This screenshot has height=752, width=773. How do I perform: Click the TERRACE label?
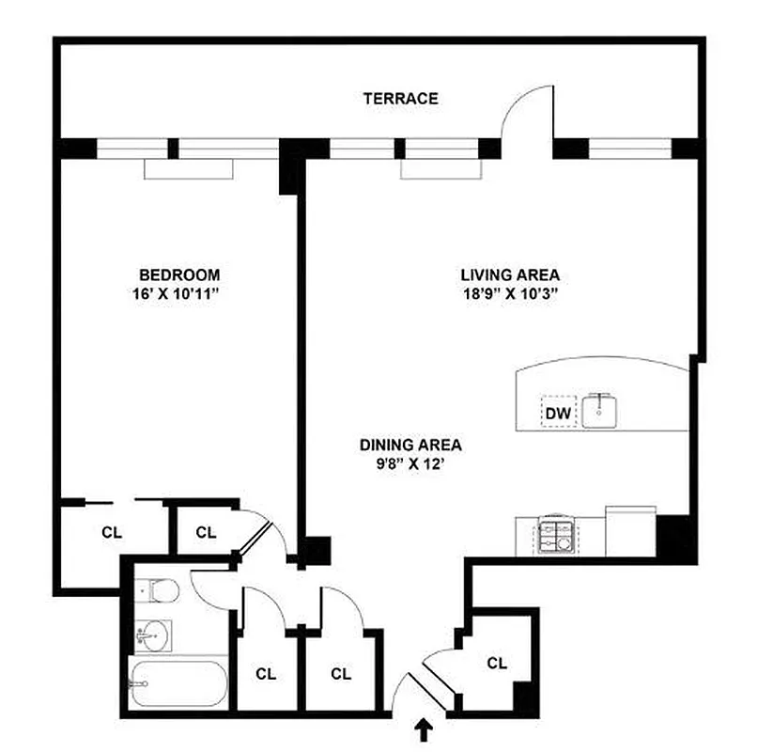click(401, 98)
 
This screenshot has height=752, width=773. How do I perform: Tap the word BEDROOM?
click(179, 274)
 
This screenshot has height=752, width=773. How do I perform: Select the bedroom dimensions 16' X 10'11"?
click(179, 292)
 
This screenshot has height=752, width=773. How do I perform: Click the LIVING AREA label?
click(510, 274)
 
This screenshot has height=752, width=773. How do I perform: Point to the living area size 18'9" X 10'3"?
click(510, 292)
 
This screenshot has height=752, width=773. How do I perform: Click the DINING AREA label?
click(411, 446)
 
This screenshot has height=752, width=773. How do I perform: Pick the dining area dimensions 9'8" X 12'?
click(411, 463)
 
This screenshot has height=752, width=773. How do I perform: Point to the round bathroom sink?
click(149, 636)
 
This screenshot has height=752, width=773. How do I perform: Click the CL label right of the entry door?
click(497, 663)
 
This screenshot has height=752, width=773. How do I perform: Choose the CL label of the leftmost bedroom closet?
click(112, 531)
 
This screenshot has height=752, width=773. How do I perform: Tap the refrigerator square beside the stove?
click(630, 532)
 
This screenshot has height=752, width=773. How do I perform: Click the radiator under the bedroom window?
click(188, 169)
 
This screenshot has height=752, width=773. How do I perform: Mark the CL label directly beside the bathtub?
click(266, 673)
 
